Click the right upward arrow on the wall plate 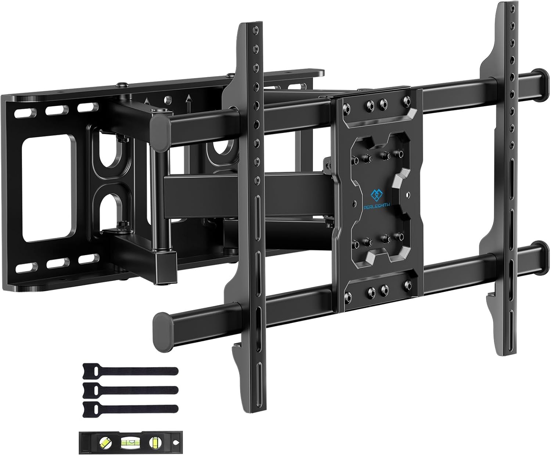point(189,99)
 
